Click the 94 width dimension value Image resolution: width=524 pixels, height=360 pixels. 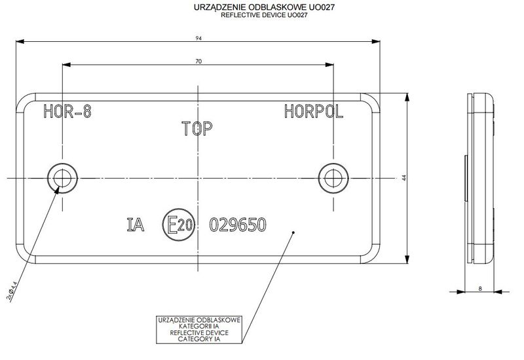198,39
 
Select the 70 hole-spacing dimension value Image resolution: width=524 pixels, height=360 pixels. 198,61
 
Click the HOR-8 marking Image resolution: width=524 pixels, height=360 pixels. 66,112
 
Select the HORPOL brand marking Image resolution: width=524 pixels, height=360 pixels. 314,112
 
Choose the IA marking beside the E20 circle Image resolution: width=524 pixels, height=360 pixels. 135,225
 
